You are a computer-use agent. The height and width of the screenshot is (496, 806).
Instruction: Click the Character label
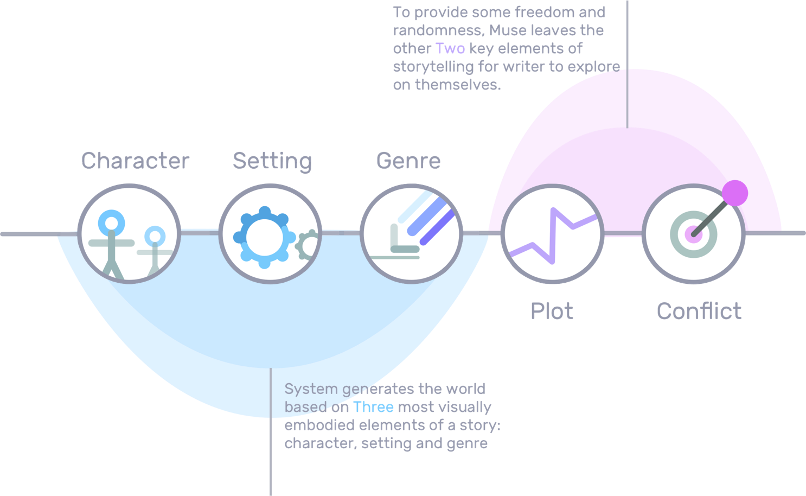(x=136, y=161)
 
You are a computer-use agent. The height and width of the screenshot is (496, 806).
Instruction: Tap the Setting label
(x=272, y=161)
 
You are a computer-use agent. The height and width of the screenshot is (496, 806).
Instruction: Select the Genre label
(x=408, y=161)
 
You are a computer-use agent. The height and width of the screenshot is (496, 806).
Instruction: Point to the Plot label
(x=552, y=311)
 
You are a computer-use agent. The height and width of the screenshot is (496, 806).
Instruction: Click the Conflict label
(x=699, y=311)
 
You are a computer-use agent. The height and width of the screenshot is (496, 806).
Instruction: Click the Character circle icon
(x=129, y=234)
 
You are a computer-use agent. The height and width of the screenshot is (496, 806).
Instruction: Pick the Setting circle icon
(x=270, y=234)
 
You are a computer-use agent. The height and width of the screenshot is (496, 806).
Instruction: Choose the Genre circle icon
(x=411, y=234)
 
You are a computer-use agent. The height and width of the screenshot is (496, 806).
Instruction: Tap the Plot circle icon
(x=552, y=234)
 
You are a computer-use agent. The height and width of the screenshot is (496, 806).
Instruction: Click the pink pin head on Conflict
(x=735, y=193)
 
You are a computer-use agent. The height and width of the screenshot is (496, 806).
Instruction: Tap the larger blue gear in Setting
(x=264, y=237)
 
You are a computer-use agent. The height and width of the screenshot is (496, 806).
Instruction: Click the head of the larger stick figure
(x=111, y=222)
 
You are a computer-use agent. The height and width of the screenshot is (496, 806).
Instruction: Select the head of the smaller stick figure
(x=155, y=236)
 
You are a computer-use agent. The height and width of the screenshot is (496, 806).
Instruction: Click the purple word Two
(x=450, y=48)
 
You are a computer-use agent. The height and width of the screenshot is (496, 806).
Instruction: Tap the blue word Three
(x=373, y=407)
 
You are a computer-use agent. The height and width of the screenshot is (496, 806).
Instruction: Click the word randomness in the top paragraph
(x=436, y=30)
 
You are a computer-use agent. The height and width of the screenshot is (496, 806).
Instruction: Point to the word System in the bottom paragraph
(x=311, y=389)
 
